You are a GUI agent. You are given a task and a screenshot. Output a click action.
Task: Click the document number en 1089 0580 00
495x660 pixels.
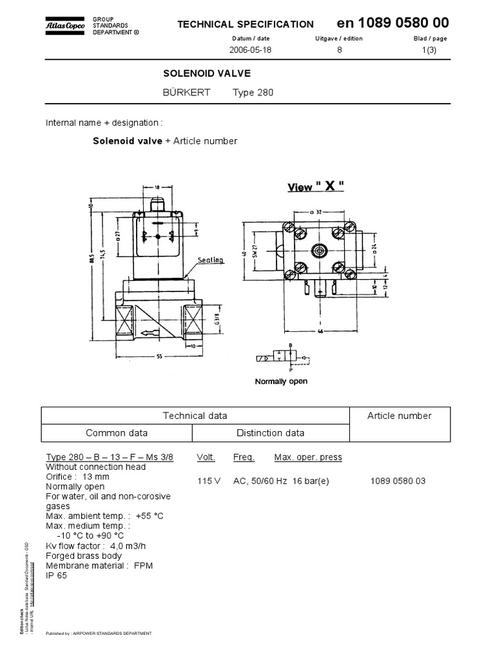pyautogui.click(x=393, y=23)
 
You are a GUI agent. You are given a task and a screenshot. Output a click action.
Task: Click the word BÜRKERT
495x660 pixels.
pyautogui.click(x=186, y=92)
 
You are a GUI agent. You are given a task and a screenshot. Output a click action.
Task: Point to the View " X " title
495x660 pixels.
pyautogui.click(x=315, y=187)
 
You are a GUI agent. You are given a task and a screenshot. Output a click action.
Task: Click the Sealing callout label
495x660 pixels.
pyautogui.click(x=210, y=260)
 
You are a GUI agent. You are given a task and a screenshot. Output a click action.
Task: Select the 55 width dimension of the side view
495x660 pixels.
pyautogui.click(x=158, y=356)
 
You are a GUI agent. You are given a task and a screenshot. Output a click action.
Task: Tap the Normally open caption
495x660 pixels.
pyautogui.click(x=281, y=381)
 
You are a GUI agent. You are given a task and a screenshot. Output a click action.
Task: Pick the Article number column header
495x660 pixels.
pyautogui.click(x=399, y=416)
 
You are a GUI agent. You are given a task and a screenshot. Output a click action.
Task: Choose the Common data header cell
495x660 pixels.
pyautogui.click(x=117, y=432)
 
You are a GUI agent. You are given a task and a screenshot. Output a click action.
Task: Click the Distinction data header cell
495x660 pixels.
pyautogui.click(x=270, y=432)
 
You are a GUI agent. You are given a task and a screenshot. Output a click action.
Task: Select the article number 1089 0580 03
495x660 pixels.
pyautogui.click(x=398, y=481)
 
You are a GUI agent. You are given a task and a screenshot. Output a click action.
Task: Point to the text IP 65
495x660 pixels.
pyautogui.click(x=56, y=575)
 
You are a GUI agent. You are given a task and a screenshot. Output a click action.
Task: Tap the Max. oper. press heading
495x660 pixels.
pyautogui.click(x=308, y=458)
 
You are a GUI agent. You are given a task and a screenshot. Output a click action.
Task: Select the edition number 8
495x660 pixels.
pyautogui.click(x=339, y=50)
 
